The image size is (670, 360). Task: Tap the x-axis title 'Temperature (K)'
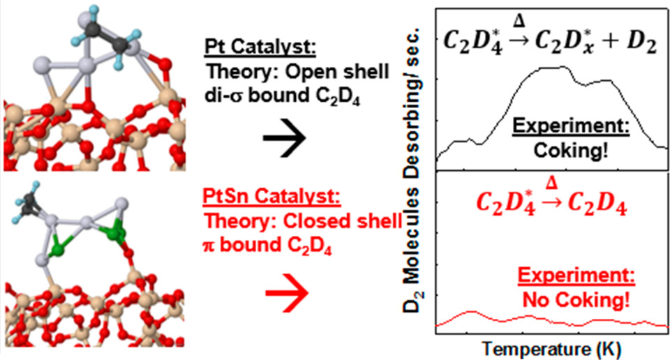pos(550,347)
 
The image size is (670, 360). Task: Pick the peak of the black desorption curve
pos(551,68)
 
